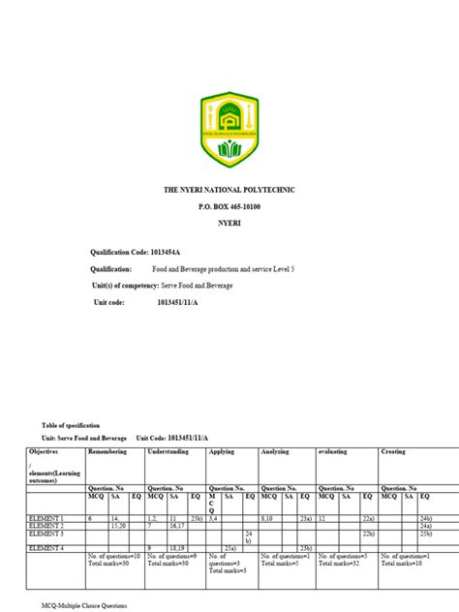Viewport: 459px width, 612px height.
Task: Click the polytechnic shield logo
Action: click(x=229, y=127)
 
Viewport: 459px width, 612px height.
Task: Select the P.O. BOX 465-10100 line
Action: click(x=229, y=209)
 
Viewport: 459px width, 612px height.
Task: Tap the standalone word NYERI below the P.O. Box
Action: click(x=229, y=224)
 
